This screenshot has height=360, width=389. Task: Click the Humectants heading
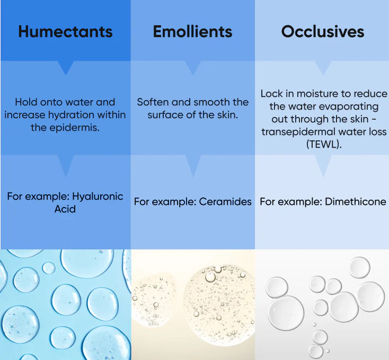click(x=66, y=32)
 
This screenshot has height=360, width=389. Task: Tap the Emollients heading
click(x=192, y=32)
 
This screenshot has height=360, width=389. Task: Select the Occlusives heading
click(x=323, y=32)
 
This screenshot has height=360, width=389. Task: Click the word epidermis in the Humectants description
click(x=74, y=128)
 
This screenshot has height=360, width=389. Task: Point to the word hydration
click(x=71, y=115)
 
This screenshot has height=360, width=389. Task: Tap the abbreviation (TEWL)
click(x=324, y=144)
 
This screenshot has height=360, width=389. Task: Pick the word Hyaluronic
click(x=98, y=196)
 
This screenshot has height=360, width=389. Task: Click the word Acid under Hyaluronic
click(x=65, y=209)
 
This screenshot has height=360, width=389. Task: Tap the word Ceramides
click(x=225, y=202)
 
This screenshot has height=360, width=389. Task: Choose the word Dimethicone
click(x=355, y=202)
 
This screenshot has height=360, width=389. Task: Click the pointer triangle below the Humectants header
click(x=66, y=67)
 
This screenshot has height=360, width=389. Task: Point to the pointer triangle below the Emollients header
click(x=193, y=67)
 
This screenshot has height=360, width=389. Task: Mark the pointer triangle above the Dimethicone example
click(x=323, y=165)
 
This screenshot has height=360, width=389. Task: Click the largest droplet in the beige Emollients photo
click(x=219, y=305)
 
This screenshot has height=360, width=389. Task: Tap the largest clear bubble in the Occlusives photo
click(x=286, y=313)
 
